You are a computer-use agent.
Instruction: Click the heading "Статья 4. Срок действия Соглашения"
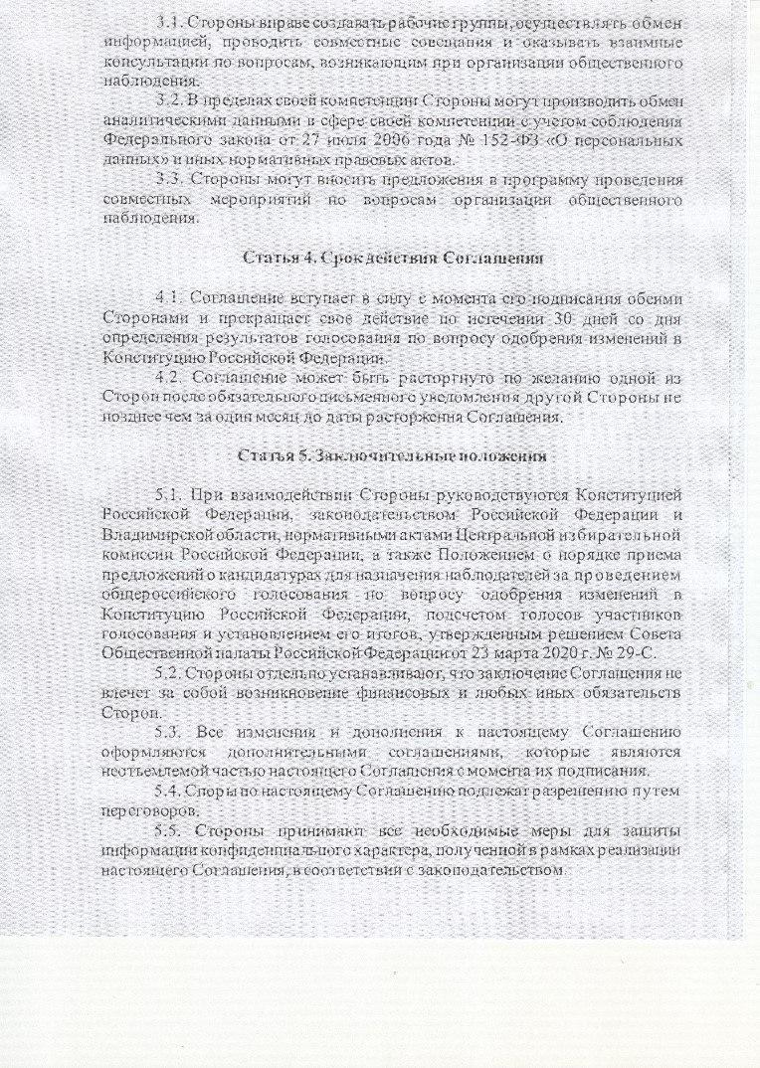click(x=393, y=258)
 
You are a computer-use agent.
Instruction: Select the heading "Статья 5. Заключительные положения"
click(x=392, y=456)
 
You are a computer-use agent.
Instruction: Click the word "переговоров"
click(x=149, y=809)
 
